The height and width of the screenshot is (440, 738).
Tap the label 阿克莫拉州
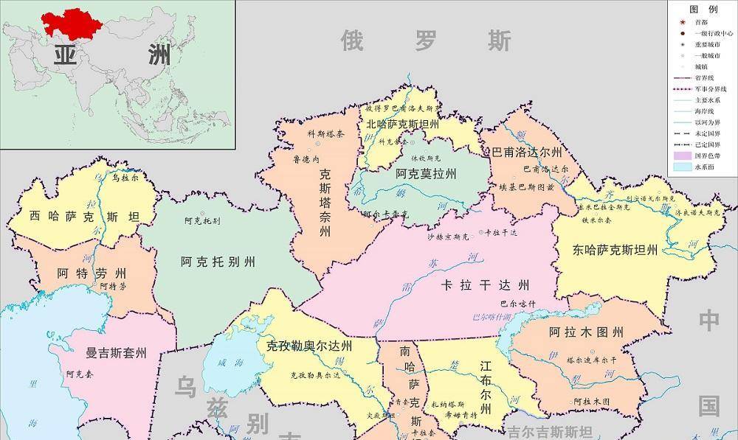pyautogui.click(x=425, y=175)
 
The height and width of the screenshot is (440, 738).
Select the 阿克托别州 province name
pyautogui.click(x=218, y=262)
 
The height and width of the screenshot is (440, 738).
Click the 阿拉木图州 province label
pyautogui.click(x=587, y=332)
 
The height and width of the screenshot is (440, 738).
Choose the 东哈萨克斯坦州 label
pyautogui.click(x=615, y=249)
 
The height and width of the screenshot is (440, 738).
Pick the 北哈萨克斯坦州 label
pyautogui.click(x=402, y=125)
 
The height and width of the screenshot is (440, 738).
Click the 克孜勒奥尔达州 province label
pyautogui.click(x=309, y=346)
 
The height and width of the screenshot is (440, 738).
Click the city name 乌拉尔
pyautogui.click(x=125, y=178)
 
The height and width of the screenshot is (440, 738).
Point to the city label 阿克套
pyautogui.click(x=79, y=374)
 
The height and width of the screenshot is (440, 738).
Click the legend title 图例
pyautogui.click(x=703, y=10)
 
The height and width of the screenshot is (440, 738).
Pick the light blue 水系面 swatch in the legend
pyautogui.click(x=685, y=167)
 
